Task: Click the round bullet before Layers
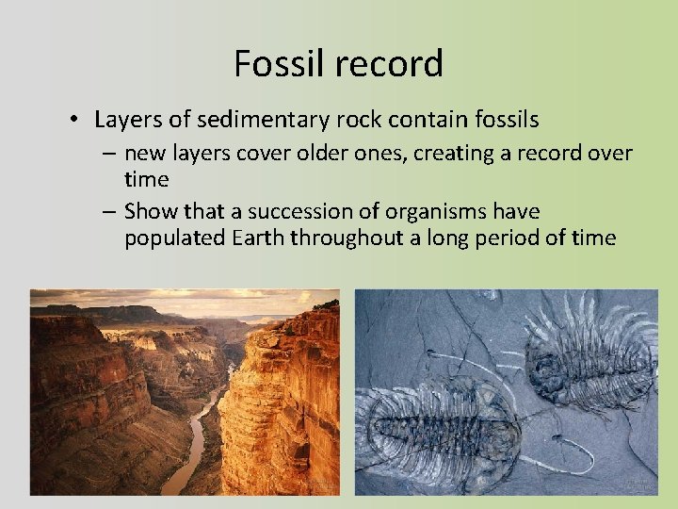point(73,121)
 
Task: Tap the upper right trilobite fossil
point(589,353)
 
